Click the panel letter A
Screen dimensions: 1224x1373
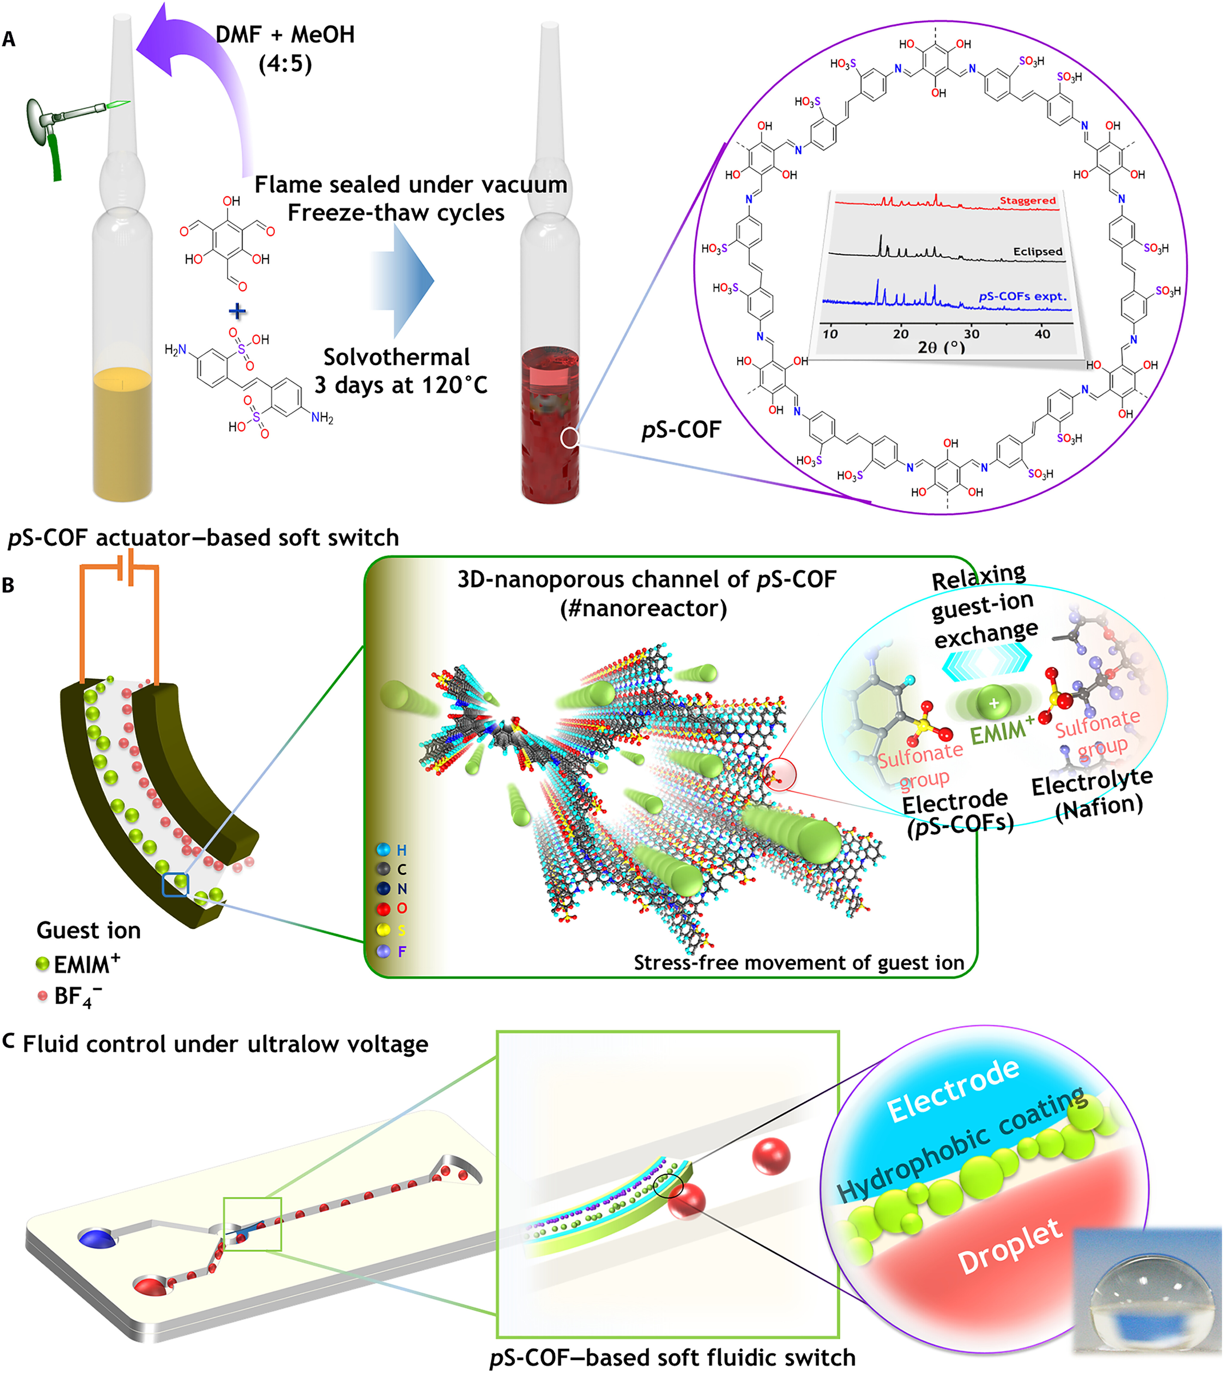pos(9,39)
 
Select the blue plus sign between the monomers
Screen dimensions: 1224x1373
pos(238,311)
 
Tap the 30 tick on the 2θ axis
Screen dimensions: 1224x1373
pos(971,334)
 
